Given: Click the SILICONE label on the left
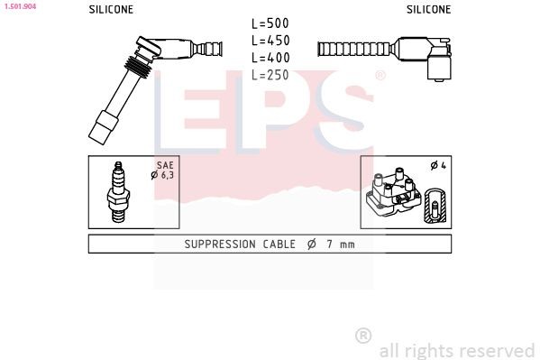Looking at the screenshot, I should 111,9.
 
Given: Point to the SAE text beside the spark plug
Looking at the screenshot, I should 164,166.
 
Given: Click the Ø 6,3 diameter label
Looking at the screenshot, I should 162,175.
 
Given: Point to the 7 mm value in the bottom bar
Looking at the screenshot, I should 341,245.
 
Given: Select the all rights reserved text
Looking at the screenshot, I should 456,350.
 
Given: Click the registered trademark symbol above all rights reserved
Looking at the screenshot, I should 363,336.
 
